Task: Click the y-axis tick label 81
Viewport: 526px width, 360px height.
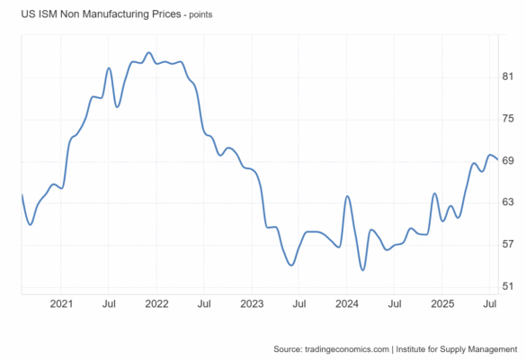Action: pos(507,76)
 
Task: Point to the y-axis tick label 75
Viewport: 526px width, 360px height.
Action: pos(507,119)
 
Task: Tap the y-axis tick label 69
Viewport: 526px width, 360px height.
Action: pos(507,161)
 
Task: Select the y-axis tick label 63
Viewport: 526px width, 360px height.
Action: pos(507,202)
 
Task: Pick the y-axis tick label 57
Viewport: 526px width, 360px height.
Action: pos(507,244)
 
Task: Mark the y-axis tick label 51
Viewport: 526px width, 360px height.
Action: pos(507,286)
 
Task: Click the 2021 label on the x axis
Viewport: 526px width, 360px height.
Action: pos(61,304)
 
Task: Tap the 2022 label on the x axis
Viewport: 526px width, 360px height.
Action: pos(156,304)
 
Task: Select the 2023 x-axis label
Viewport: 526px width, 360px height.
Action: pos(252,304)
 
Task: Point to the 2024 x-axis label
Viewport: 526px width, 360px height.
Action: pos(347,304)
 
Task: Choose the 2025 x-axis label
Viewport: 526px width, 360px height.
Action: pos(442,304)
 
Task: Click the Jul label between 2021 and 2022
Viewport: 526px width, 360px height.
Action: pos(109,304)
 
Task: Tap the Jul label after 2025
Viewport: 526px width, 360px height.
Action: pos(490,304)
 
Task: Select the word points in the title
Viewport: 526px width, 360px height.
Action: pos(201,15)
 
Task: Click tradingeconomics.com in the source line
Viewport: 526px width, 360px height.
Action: pos(347,349)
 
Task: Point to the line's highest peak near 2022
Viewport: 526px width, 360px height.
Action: pos(149,52)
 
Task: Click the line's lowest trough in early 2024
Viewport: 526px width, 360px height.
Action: pos(362,270)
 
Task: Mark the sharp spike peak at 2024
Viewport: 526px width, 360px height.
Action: pos(347,196)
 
